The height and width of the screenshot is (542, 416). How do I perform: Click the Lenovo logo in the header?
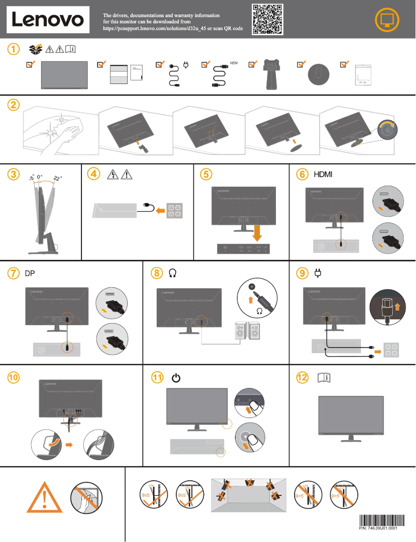[x=48, y=20]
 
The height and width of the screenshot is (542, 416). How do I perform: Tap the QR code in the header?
[x=268, y=19]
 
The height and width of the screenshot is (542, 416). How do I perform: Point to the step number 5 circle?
[x=206, y=174]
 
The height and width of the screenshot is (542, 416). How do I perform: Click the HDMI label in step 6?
[x=323, y=174]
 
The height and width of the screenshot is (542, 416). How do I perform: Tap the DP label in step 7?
[x=30, y=273]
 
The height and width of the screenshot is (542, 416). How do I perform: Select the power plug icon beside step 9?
[x=318, y=273]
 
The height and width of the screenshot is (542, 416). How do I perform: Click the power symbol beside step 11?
[x=176, y=378]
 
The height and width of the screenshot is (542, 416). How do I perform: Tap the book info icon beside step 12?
[x=323, y=378]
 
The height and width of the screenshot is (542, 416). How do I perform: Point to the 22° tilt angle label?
[x=58, y=178]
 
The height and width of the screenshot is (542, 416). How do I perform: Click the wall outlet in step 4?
[x=174, y=210]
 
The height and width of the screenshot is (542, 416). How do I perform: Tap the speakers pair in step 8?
[x=247, y=332]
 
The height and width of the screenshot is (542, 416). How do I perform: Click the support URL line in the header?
[x=173, y=29]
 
